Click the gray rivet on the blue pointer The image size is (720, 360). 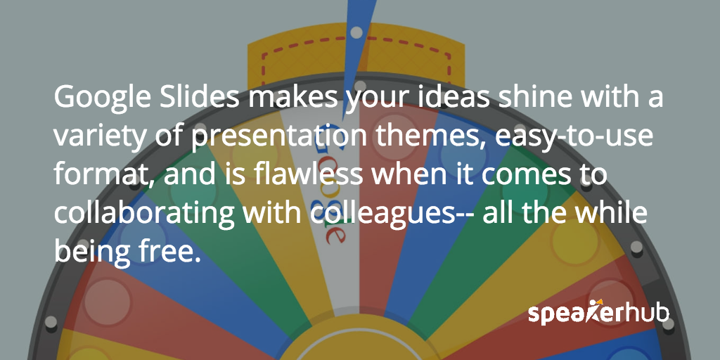pyautogui.click(x=356, y=32)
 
